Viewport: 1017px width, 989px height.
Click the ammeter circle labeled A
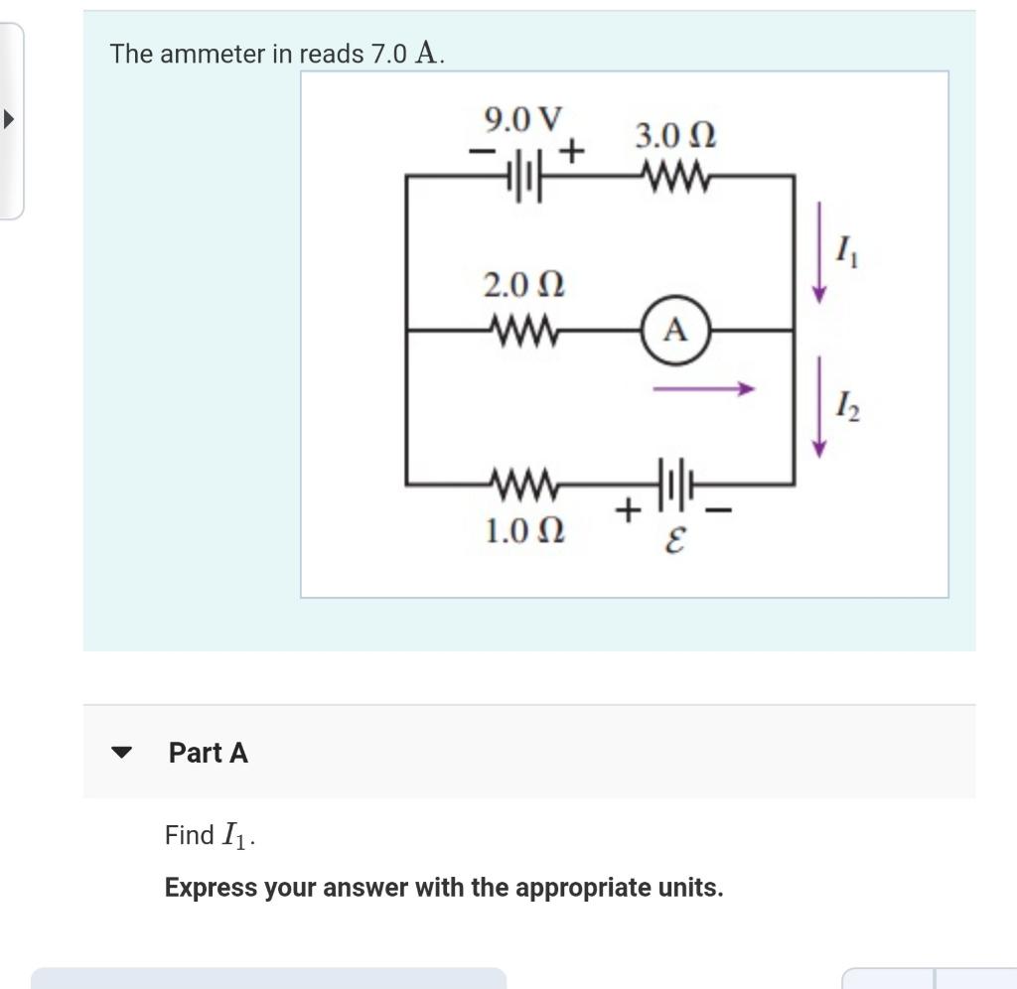[674, 330]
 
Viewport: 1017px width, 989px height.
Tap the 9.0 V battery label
[522, 120]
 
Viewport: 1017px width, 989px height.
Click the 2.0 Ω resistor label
[523, 286]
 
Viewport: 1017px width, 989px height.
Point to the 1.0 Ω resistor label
[523, 531]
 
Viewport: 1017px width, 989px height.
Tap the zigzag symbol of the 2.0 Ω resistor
[524, 330]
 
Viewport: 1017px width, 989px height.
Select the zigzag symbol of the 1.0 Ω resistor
[524, 486]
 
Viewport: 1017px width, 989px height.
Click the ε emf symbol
[674, 541]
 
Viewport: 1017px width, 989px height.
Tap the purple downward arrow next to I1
[819, 251]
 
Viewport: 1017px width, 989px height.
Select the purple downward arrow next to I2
[819, 407]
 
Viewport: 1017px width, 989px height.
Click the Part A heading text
[209, 753]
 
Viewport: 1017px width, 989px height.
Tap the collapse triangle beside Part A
[121, 753]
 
